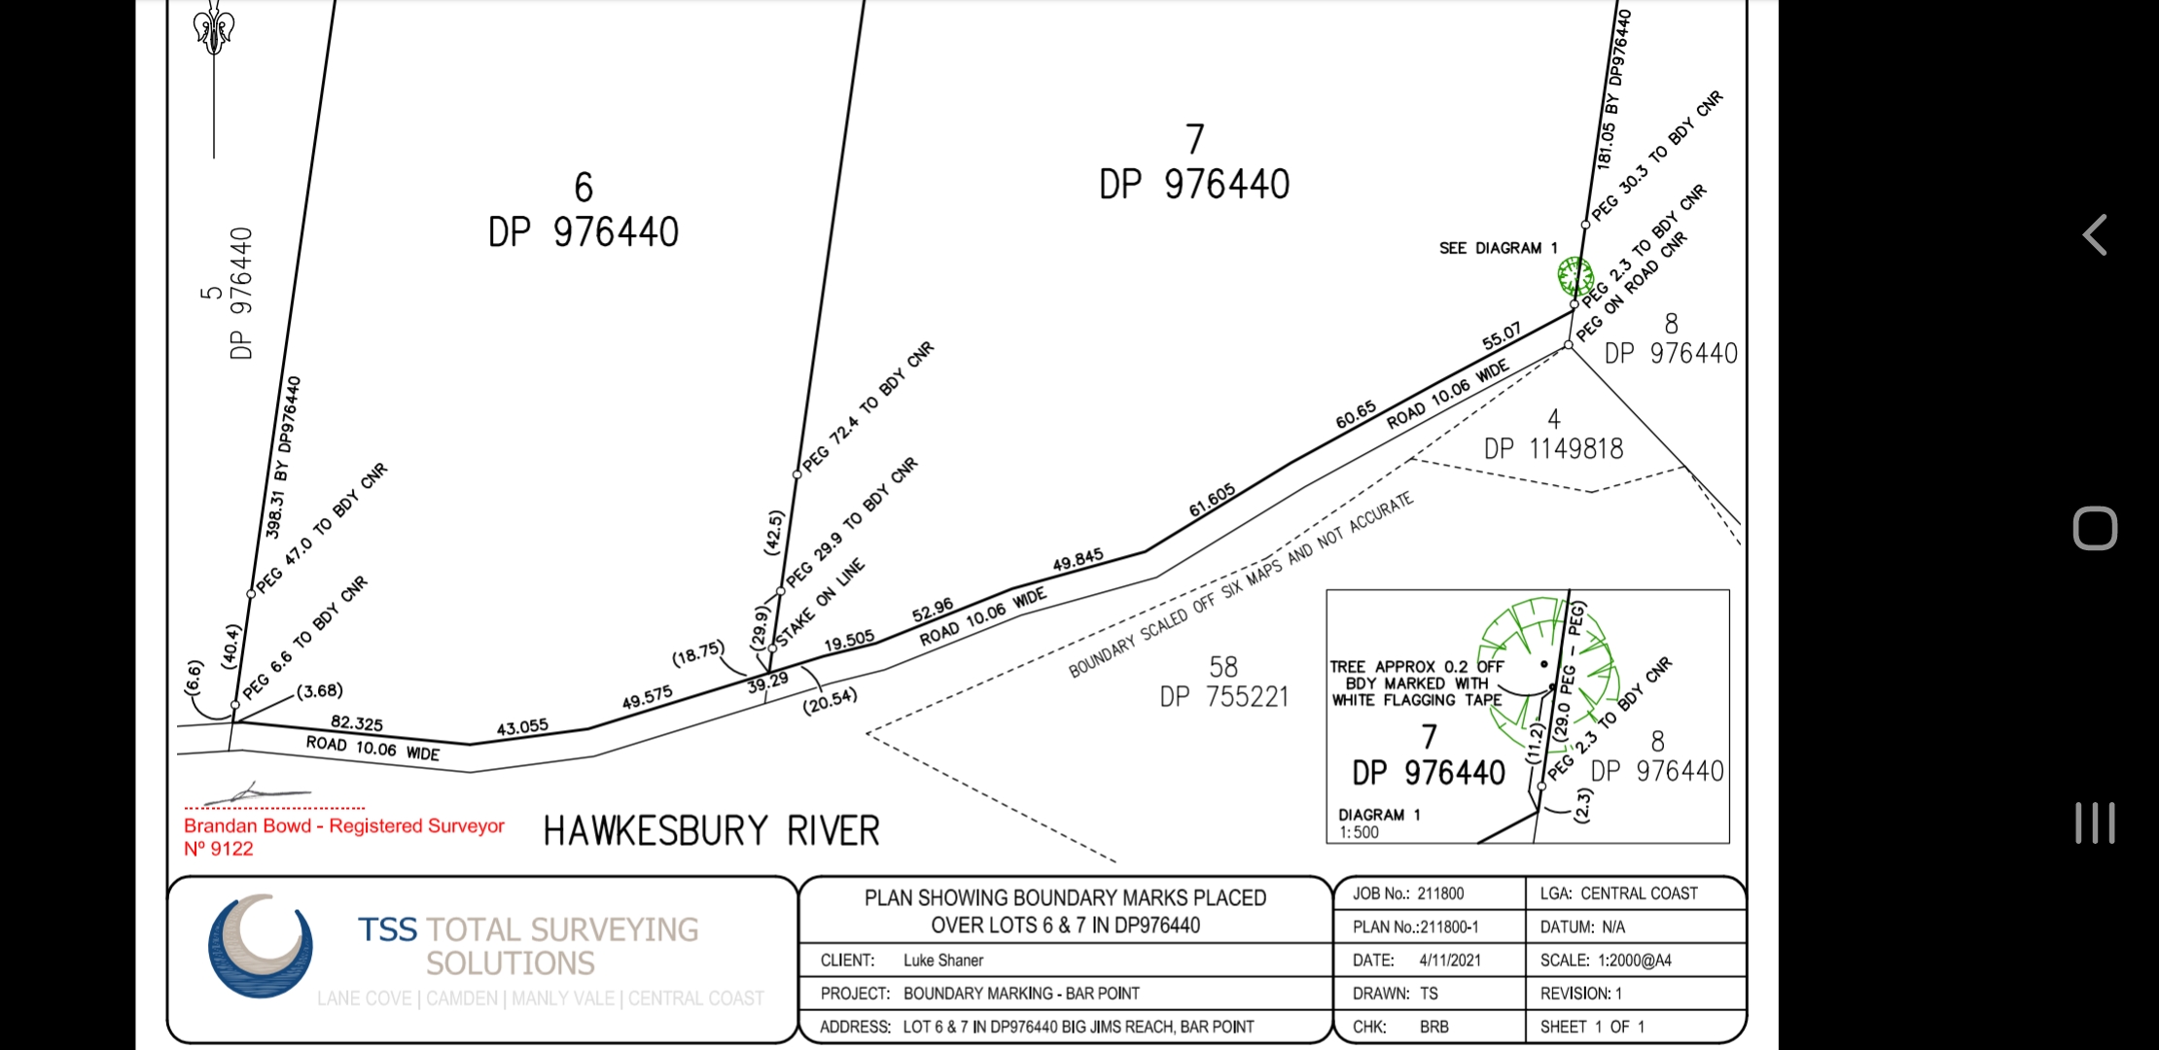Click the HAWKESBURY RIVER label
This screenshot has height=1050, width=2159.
point(711,831)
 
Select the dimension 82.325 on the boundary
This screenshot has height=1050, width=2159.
point(357,723)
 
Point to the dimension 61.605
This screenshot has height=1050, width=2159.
point(1212,500)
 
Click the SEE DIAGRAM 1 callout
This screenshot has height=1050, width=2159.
point(1499,248)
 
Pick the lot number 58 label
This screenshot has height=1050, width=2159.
point(1223,667)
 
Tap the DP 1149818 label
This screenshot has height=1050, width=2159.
point(1553,448)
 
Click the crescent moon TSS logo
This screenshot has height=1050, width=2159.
point(260,946)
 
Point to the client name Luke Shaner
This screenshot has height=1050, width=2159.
point(943,961)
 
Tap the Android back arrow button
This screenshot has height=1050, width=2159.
point(2095,235)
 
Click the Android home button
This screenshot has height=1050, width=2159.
point(2095,529)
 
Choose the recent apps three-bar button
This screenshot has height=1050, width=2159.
point(2095,822)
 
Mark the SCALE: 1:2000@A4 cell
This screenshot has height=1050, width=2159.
point(1606,961)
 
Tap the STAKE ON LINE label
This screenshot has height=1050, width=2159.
point(820,602)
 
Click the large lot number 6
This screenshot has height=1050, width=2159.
point(584,187)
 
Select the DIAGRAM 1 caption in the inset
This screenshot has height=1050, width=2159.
point(1379,815)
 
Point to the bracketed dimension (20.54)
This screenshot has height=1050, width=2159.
point(830,700)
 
